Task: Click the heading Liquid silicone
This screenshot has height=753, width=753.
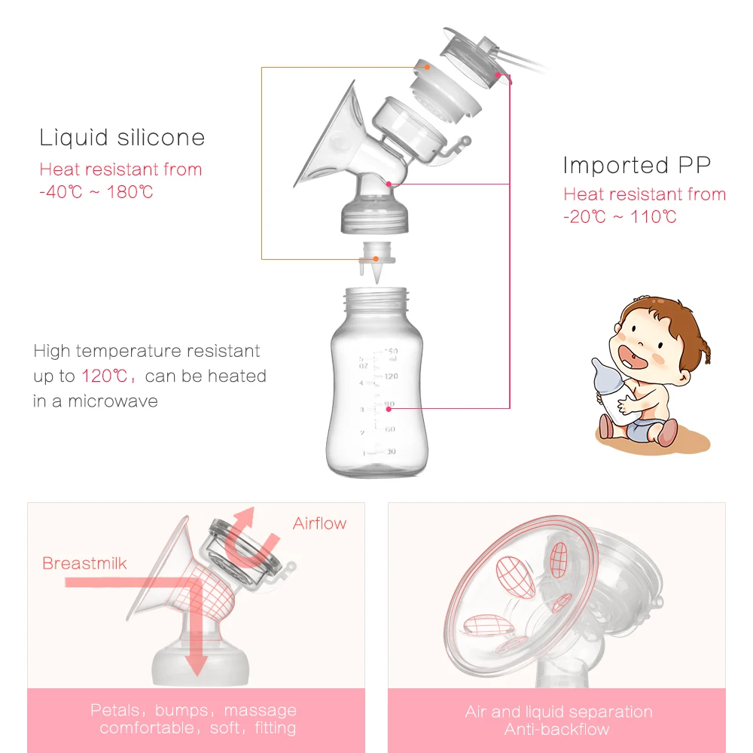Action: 122,138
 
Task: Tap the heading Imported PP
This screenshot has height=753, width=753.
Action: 636,165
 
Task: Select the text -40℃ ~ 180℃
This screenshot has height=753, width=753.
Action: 96,192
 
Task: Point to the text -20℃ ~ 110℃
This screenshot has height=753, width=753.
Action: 620,217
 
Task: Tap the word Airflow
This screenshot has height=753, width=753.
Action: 320,523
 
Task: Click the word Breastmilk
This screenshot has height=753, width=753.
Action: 84,563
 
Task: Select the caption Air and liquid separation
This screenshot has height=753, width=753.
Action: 557,712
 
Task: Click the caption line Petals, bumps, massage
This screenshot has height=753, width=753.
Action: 194,710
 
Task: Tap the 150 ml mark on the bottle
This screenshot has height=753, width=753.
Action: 391,352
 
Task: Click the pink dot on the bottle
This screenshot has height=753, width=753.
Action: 388,407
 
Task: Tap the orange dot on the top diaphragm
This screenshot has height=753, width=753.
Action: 427,67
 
